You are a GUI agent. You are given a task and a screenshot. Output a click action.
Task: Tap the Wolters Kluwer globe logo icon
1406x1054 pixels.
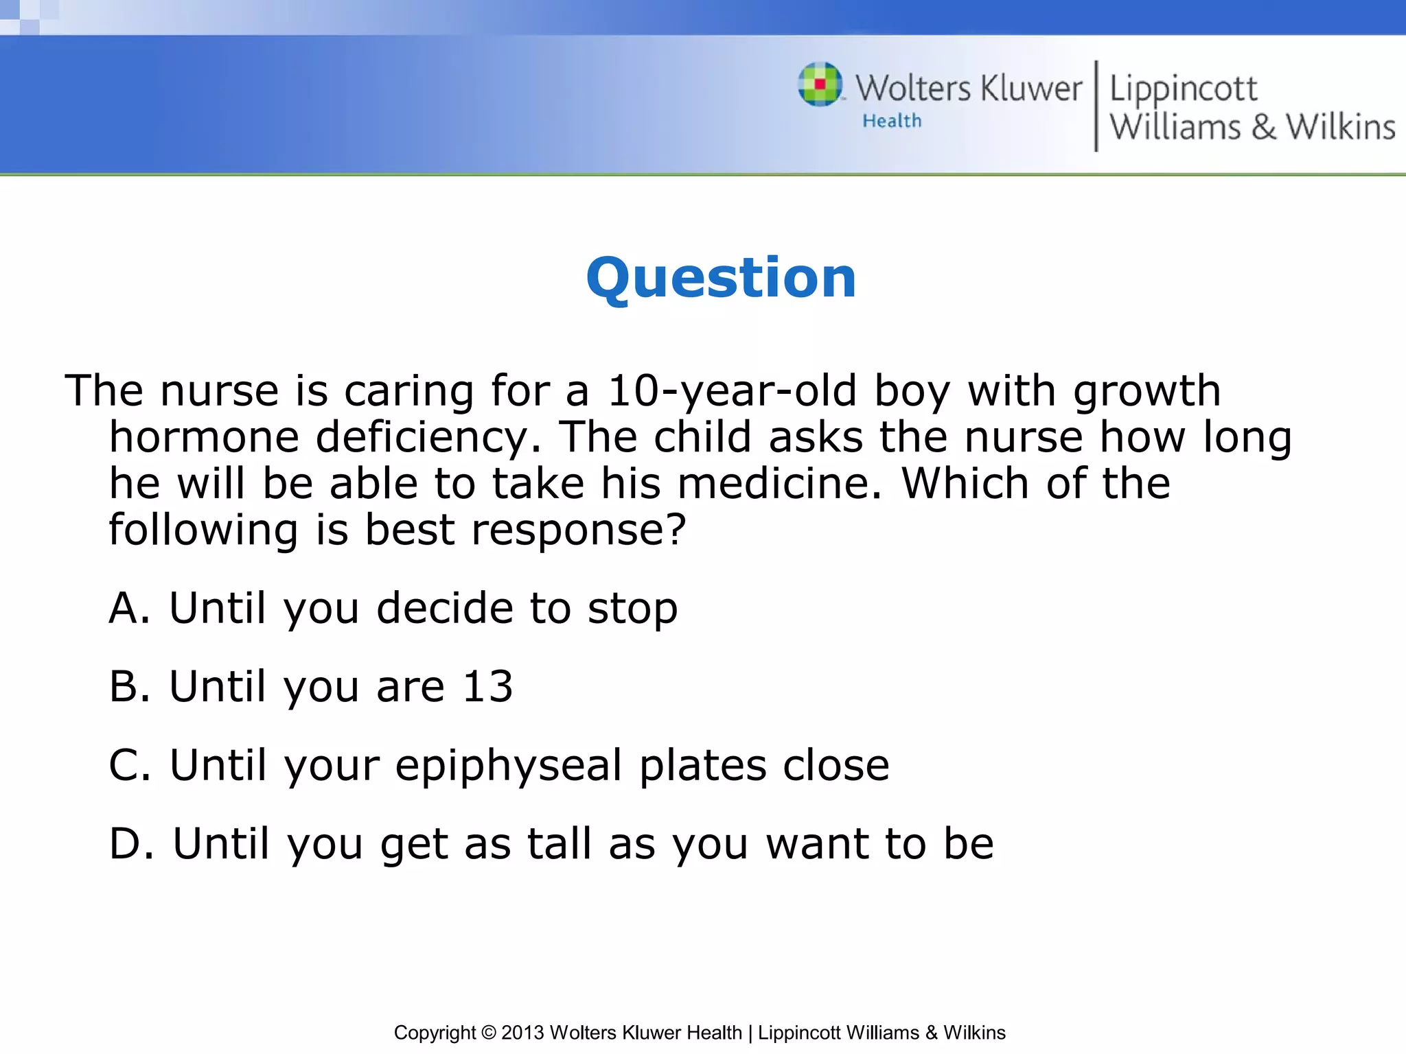[x=820, y=84]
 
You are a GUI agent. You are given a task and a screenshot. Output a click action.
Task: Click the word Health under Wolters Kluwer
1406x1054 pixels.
[x=892, y=121]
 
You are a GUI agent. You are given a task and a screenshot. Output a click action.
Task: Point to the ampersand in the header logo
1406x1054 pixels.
[x=1263, y=127]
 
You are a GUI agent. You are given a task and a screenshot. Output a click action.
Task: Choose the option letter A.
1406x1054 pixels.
[x=129, y=608]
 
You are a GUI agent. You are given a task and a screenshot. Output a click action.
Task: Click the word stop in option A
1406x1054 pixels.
[x=632, y=610]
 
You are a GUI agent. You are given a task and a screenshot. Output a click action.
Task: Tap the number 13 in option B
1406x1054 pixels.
[x=487, y=687]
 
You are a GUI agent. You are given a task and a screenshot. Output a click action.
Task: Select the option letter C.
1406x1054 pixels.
[x=129, y=765]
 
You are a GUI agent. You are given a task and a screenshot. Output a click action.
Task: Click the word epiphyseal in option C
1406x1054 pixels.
[x=509, y=766]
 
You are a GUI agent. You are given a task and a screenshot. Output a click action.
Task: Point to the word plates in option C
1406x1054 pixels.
[x=703, y=766]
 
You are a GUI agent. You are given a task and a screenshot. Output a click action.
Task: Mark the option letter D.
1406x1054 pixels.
[x=131, y=843]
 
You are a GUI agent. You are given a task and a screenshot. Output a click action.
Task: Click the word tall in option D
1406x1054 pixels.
[x=560, y=843]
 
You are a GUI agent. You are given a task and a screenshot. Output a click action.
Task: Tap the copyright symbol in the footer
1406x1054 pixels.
[x=488, y=1033]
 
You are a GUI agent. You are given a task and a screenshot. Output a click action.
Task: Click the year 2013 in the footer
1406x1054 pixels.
[x=523, y=1033]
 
